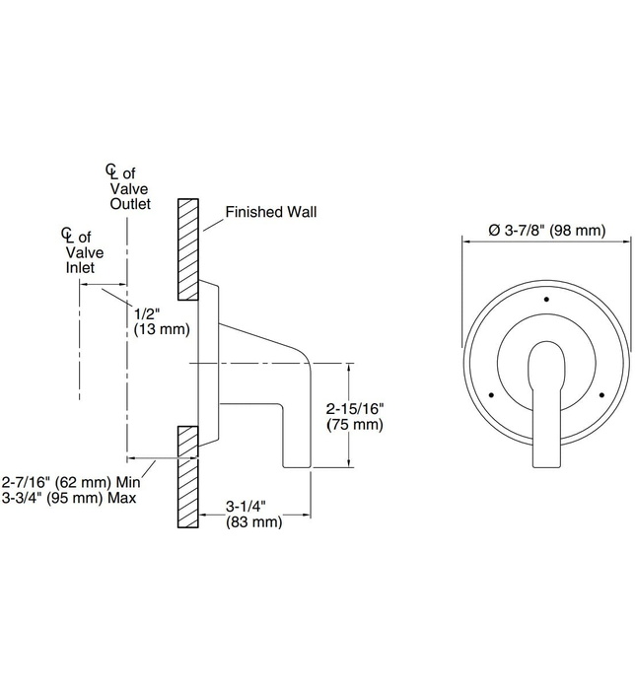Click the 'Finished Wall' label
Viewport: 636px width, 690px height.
271,212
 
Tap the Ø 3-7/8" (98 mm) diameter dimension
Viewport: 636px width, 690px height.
547,230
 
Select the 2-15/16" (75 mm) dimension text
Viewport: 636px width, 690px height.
355,417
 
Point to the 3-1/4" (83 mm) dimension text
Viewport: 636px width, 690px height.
253,514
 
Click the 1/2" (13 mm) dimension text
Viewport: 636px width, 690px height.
162,321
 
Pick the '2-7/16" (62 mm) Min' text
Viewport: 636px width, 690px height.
71,482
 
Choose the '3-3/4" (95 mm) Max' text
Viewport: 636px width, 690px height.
69,498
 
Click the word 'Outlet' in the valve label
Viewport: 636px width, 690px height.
130,204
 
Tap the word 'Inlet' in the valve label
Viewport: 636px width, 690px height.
80,267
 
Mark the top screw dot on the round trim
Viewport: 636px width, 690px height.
546,300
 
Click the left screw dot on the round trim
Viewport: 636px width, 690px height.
491,394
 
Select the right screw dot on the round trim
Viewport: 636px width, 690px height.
601,394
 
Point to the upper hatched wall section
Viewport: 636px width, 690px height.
188,249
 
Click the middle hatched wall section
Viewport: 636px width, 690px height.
188,441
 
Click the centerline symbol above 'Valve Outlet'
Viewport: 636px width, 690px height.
111,172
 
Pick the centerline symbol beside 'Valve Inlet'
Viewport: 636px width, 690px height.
67,235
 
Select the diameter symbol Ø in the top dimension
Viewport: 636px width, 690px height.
494,230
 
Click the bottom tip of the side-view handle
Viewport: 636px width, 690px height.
297,466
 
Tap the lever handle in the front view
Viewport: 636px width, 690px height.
546,403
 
